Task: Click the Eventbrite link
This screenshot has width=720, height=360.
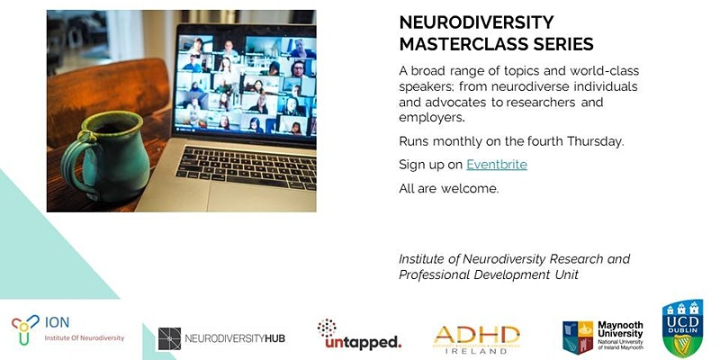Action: click(497, 165)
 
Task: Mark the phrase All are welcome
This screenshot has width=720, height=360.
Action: click(448, 188)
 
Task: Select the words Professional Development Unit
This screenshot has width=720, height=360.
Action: click(487, 275)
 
